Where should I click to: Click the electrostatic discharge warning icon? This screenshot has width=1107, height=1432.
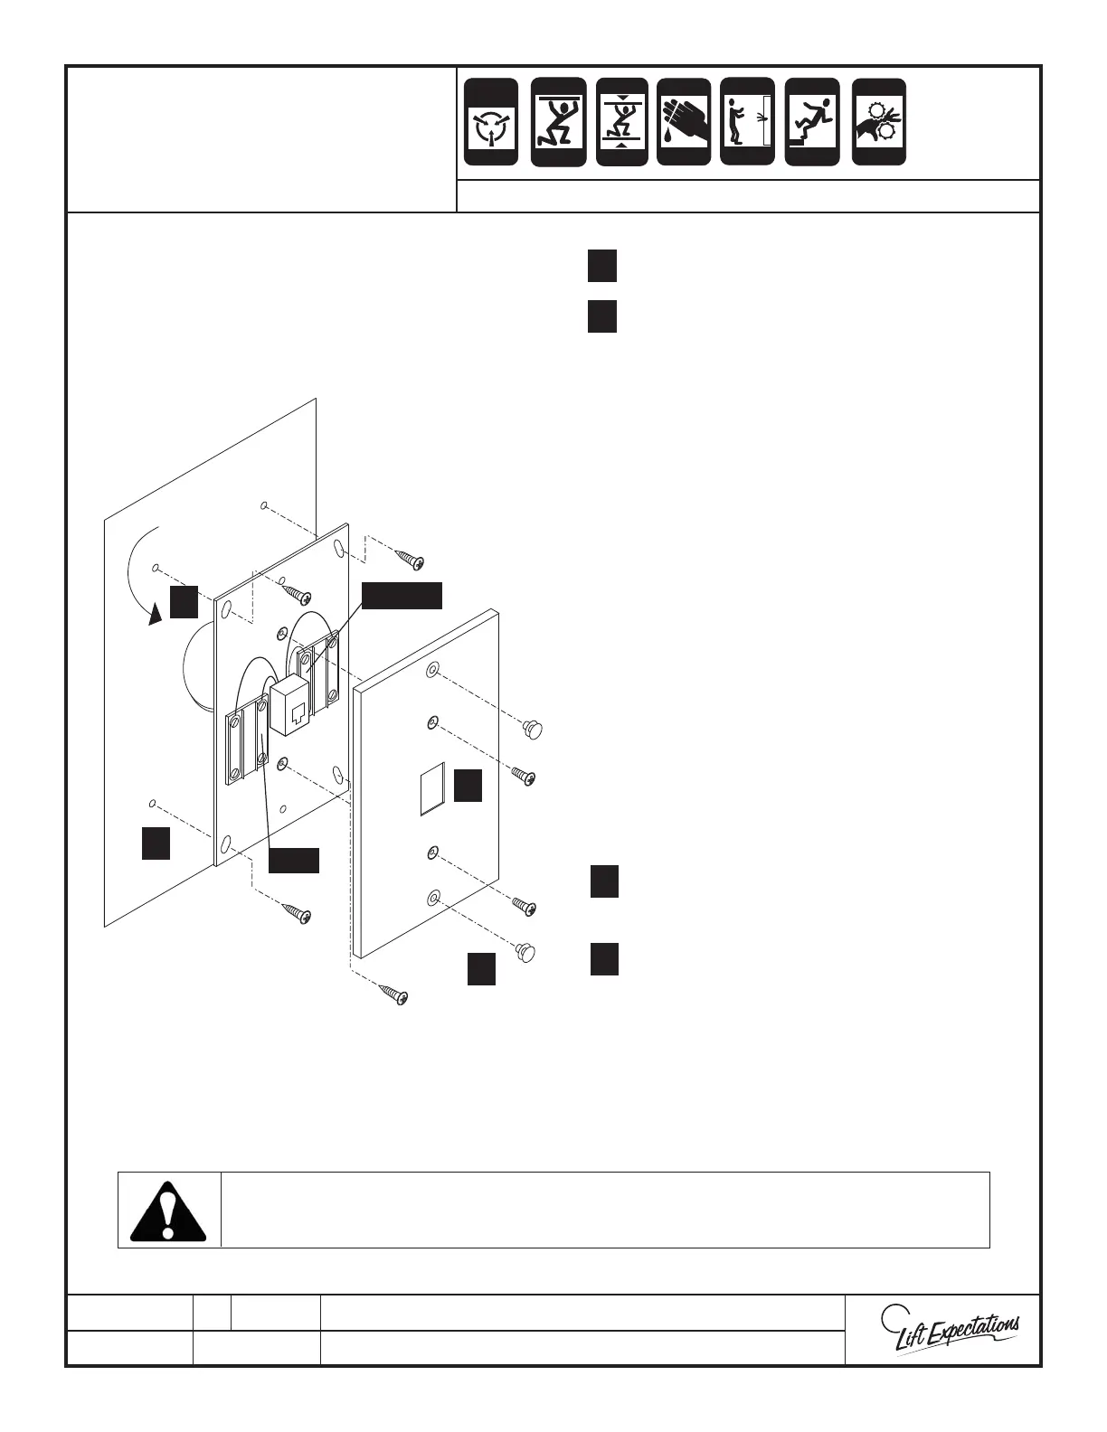(x=491, y=122)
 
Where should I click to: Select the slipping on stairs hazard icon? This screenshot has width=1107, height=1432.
(x=812, y=122)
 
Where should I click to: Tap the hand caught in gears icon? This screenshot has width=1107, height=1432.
(x=879, y=122)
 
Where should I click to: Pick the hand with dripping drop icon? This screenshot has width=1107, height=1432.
(x=685, y=122)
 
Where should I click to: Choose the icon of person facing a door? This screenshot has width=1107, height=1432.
(x=747, y=122)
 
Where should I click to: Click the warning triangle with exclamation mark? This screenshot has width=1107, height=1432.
(x=168, y=1210)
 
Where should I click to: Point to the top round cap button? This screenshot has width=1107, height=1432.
(x=535, y=727)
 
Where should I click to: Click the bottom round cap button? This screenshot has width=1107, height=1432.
(x=525, y=952)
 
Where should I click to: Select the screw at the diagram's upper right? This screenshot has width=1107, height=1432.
(x=411, y=559)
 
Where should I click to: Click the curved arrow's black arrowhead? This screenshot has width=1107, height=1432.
(x=156, y=614)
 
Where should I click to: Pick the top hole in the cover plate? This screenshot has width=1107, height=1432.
(x=433, y=672)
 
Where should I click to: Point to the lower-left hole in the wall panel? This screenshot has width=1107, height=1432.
(x=152, y=803)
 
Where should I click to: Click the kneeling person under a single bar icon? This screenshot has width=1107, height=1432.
(x=558, y=122)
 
